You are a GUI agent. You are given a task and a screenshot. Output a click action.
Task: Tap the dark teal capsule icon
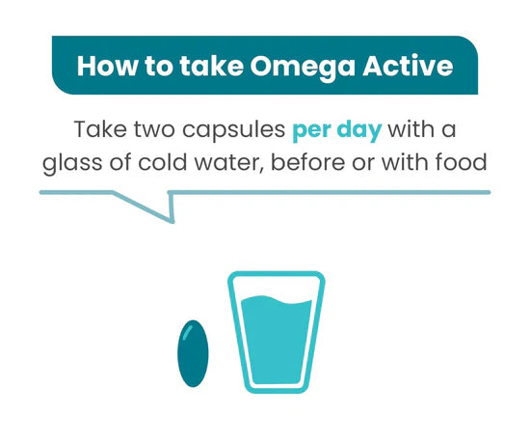(x=193, y=352)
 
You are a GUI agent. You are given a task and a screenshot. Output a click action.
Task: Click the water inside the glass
(x=276, y=343)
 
